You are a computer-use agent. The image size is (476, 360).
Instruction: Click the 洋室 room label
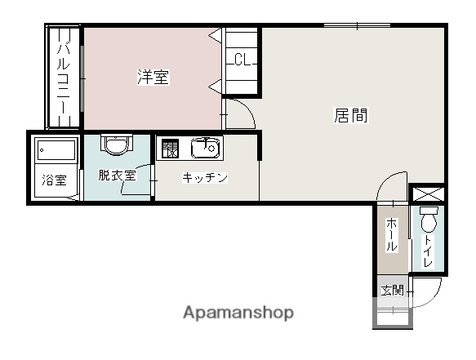click(x=153, y=77)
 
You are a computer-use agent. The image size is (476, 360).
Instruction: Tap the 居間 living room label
click(x=351, y=115)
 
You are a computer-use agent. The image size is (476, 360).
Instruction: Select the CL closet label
click(x=242, y=60)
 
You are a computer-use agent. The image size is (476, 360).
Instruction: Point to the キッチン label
click(x=205, y=178)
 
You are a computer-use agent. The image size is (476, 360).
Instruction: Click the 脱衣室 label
click(x=117, y=176)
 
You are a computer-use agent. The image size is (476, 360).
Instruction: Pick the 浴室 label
click(x=55, y=180)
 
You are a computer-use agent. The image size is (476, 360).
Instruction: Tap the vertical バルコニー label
click(x=64, y=78)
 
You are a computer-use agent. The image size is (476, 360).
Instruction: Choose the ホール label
click(x=392, y=235)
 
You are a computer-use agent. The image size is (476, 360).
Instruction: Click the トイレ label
click(x=428, y=251)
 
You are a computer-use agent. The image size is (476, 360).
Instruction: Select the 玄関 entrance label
click(x=393, y=291)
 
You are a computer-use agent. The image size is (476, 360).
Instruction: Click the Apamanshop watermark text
click(x=238, y=313)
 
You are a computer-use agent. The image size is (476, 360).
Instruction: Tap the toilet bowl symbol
click(x=429, y=219)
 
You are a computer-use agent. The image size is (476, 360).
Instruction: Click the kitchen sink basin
click(x=205, y=148)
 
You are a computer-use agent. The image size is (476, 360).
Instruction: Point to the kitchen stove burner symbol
click(x=170, y=149)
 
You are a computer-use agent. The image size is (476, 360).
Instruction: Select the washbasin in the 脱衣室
click(x=117, y=144)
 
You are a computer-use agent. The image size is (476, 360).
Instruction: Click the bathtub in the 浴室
click(x=56, y=149)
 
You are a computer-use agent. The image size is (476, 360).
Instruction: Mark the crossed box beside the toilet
click(x=426, y=193)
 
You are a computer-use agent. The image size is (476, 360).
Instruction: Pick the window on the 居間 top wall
click(x=357, y=25)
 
